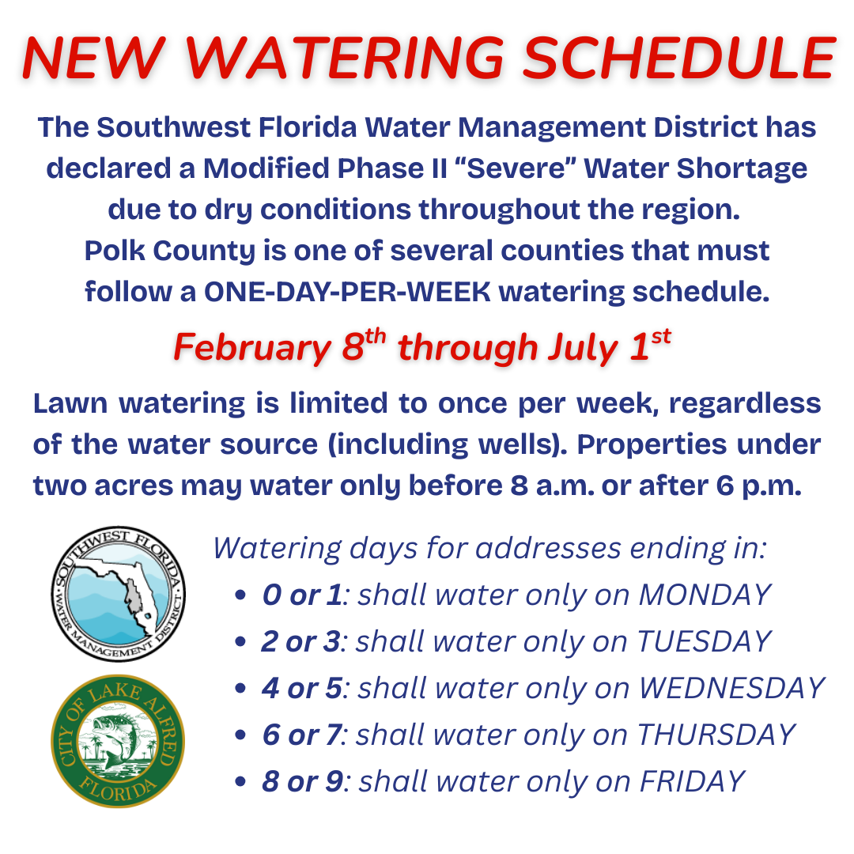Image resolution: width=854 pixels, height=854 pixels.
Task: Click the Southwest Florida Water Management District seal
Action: (119, 594)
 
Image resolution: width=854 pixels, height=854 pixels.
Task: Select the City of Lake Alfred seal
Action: (119, 741)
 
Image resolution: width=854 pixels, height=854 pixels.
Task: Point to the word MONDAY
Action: (705, 595)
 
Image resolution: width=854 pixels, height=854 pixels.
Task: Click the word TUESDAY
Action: (704, 641)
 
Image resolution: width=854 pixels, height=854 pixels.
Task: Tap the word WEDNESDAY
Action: (731, 688)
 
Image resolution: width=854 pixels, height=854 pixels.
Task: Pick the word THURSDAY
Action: (716, 735)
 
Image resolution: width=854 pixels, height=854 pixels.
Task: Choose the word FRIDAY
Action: (692, 781)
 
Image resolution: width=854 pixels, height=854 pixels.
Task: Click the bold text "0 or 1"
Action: (303, 595)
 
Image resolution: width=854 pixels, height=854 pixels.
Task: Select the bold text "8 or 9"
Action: (303, 781)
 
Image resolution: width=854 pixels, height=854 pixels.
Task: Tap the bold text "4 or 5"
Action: (303, 688)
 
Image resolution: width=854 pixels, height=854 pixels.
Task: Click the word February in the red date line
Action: (251, 348)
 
